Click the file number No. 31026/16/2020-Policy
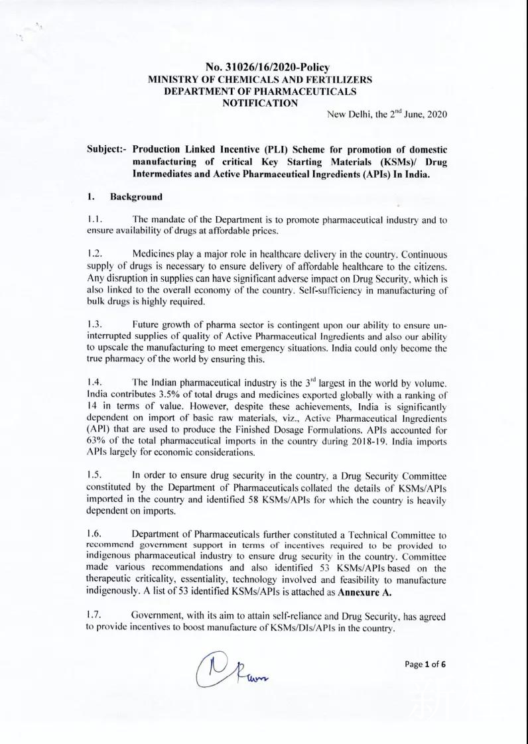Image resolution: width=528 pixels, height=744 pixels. (x=269, y=67)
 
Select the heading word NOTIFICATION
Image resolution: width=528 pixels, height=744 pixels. (x=260, y=102)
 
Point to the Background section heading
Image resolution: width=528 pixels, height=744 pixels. (x=136, y=197)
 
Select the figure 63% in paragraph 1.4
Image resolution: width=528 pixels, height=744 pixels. (x=96, y=440)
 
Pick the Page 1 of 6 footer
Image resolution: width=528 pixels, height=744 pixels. (x=424, y=664)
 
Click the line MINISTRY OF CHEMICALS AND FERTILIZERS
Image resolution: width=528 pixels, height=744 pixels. (x=260, y=79)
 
